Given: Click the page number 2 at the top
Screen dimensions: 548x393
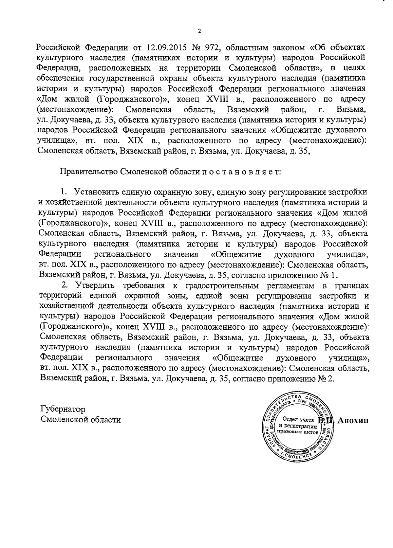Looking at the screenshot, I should [x=199, y=31].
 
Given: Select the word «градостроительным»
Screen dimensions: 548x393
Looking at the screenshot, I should [x=222, y=285].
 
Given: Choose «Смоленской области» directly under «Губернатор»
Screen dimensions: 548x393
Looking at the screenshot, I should [x=80, y=420].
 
